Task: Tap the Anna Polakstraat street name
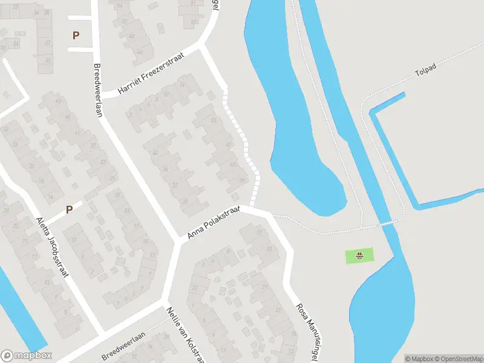coord(213,221)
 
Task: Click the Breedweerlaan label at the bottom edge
coord(123,347)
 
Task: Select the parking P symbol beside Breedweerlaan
coord(76,35)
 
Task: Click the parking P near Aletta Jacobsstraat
coord(69,210)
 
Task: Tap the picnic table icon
coord(359,256)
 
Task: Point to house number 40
coord(155,152)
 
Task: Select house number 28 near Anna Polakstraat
coord(186,201)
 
